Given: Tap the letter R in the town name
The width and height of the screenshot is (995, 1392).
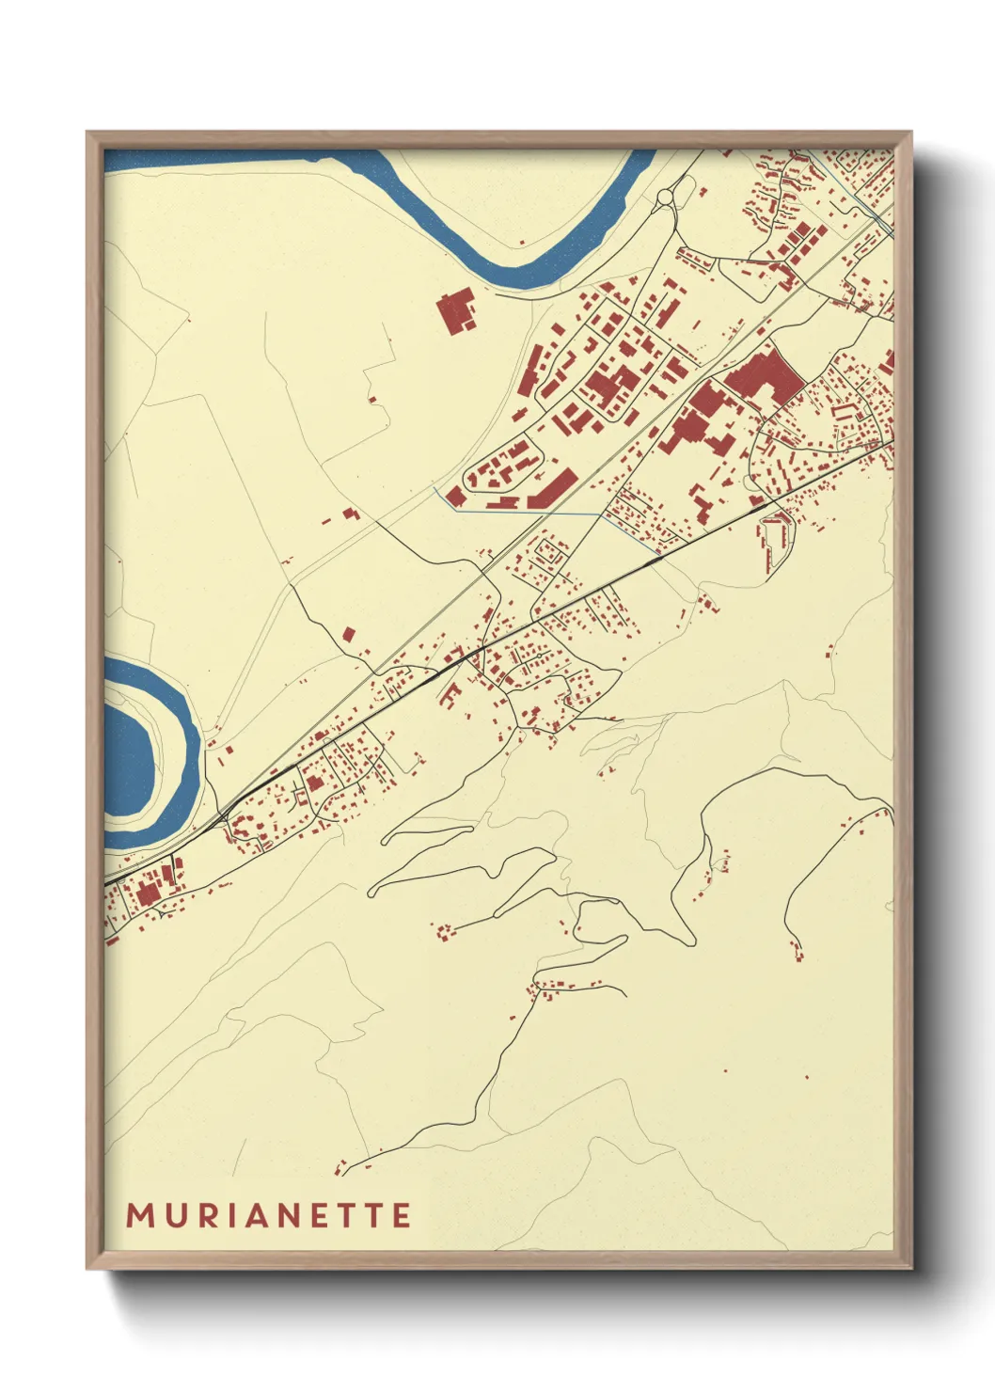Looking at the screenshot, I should click(208, 1215).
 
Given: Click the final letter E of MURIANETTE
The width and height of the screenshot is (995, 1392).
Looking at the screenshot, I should click(402, 1215).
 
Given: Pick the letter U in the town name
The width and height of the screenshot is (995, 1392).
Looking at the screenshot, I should click(174, 1215).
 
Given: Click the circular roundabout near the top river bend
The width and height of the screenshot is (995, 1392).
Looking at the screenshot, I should click(667, 198).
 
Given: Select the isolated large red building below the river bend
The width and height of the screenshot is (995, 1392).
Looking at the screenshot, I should click(457, 311).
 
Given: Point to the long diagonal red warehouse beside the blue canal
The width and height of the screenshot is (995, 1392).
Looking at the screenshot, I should click(552, 490).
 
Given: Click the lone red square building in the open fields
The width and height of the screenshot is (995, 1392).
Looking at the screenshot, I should click(350, 635).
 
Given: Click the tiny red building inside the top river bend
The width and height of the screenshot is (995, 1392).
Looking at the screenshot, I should click(520, 242).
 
